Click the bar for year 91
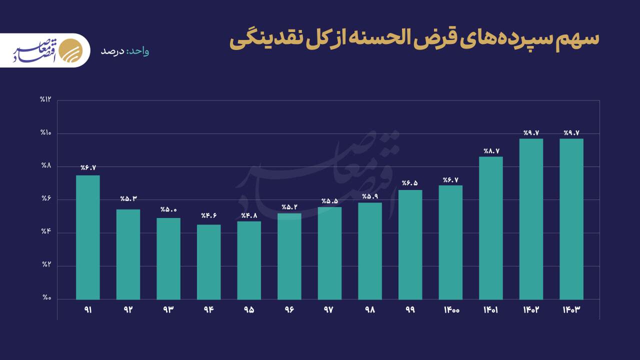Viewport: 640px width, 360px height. click(x=88, y=237)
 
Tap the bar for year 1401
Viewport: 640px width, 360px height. click(x=491, y=228)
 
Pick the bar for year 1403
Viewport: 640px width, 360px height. click(x=571, y=219)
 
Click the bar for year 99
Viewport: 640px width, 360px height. click(x=410, y=244)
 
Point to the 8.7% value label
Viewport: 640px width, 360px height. click(x=491, y=151)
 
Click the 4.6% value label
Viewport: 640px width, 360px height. click(x=209, y=216)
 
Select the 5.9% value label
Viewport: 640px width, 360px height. click(x=370, y=196)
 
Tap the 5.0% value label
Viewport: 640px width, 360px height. click(x=168, y=209)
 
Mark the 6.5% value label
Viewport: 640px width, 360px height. click(x=410, y=183)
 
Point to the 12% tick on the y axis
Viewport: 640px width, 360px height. click(x=46, y=99)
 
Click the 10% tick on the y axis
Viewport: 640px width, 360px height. click(x=46, y=133)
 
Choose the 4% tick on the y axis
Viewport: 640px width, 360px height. click(x=46, y=232)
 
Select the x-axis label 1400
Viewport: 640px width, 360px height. click(x=451, y=310)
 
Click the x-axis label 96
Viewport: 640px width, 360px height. click(x=289, y=310)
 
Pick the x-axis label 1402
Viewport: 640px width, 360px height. click(x=531, y=310)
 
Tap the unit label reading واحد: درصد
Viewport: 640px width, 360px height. click(x=124, y=51)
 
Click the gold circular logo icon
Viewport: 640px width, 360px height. click(x=69, y=50)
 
